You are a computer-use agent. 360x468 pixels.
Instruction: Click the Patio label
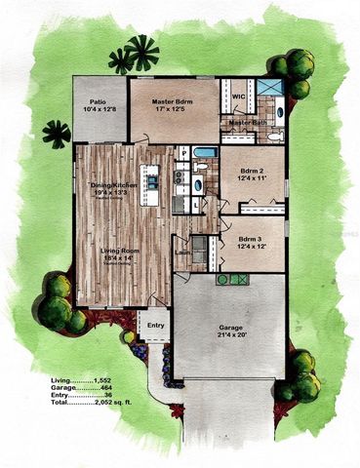click(x=98, y=100)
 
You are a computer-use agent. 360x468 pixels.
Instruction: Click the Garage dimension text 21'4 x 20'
click(x=231, y=334)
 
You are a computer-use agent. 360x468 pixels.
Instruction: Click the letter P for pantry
click(x=183, y=153)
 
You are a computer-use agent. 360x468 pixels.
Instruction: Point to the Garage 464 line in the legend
click(x=98, y=385)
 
